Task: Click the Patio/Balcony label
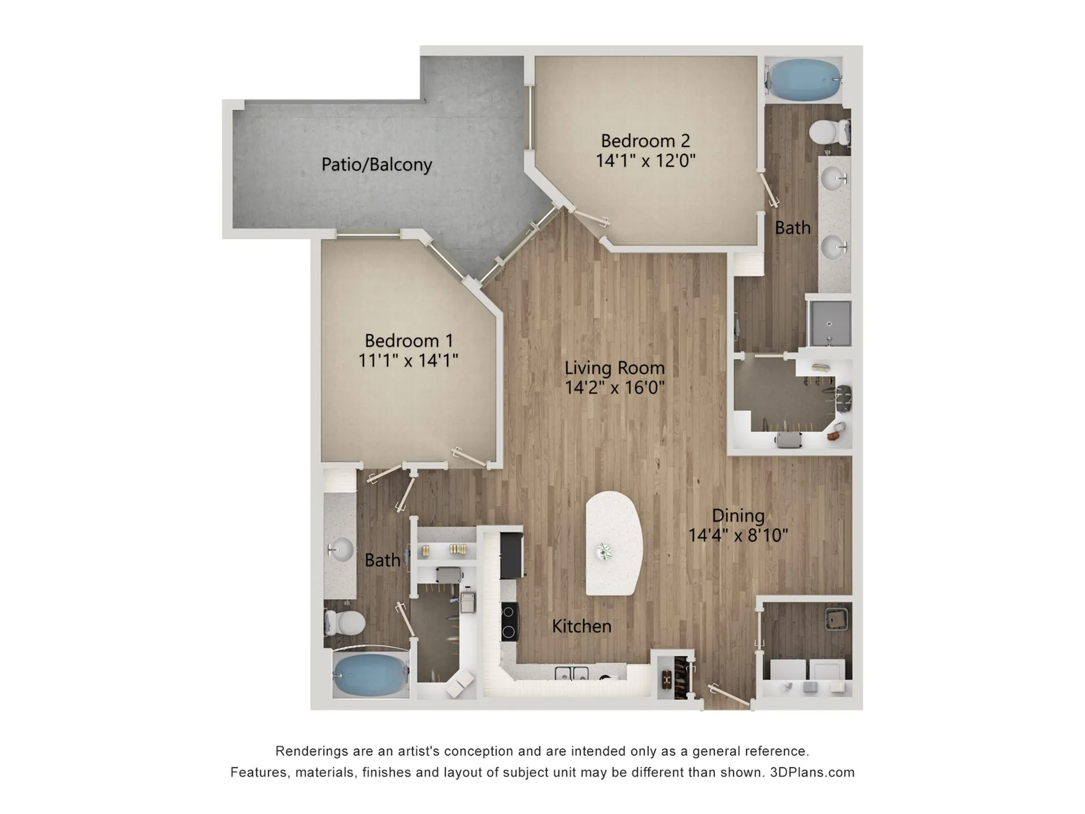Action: (376, 164)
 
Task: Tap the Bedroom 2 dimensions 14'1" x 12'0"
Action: (645, 161)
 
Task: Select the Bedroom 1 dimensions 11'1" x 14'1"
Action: (408, 360)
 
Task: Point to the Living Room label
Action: (614, 368)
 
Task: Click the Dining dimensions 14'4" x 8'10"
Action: (738, 535)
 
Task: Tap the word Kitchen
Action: (581, 626)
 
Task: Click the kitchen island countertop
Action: (614, 543)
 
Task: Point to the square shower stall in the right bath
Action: (829, 323)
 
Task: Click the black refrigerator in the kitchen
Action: (511, 555)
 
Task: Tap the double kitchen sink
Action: (571, 673)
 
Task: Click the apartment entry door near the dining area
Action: (731, 695)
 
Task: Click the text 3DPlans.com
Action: (812, 772)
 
